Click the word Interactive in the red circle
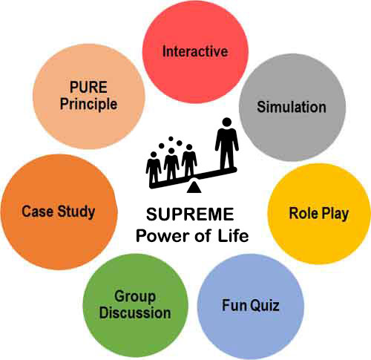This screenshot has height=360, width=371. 195,51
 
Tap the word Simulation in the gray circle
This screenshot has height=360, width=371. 292,107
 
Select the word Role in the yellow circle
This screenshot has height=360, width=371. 303,213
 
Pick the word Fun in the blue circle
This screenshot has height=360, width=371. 234,305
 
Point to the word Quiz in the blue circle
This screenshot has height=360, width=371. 264,305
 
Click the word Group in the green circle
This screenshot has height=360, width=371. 135,297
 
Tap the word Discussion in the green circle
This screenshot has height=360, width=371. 135,312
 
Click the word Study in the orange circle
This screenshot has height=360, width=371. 76,212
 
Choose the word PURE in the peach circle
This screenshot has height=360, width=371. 88,87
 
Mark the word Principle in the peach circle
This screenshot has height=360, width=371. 89,104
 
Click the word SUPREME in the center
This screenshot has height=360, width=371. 190,215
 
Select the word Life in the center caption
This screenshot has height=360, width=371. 233,235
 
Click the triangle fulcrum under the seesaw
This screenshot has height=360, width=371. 194,187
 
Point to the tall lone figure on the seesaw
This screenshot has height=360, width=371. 227,143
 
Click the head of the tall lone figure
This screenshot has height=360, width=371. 227,122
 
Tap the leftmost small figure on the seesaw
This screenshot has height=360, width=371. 154,167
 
